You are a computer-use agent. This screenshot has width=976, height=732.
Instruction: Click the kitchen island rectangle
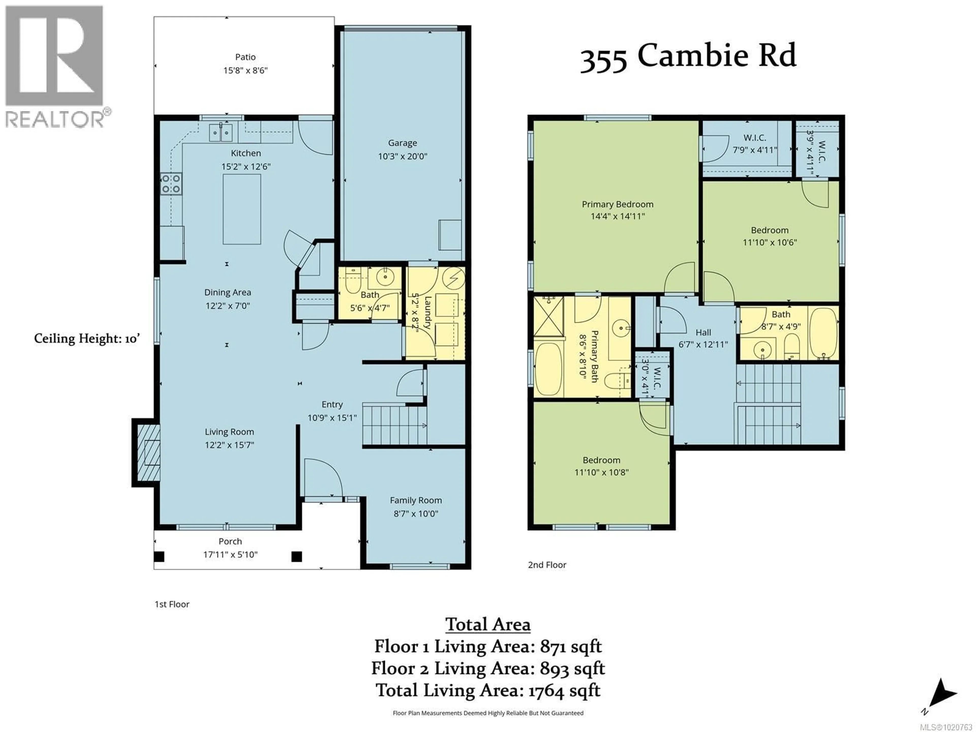click(x=241, y=209)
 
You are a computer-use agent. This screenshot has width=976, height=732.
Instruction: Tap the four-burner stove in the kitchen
click(x=171, y=184)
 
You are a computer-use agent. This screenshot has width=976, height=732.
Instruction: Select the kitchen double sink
click(x=220, y=132)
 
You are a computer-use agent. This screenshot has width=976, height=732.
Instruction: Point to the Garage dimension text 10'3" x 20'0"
click(x=402, y=156)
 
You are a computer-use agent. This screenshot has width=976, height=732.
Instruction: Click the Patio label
click(x=245, y=57)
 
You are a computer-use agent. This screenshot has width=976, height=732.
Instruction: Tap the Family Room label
click(x=416, y=500)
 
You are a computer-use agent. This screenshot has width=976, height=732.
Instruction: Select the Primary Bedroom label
click(x=617, y=204)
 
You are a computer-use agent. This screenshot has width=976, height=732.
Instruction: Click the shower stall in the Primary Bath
click(x=548, y=317)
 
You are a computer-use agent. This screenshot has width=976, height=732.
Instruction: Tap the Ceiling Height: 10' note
click(x=87, y=339)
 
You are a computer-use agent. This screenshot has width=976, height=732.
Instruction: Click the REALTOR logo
click(x=55, y=66)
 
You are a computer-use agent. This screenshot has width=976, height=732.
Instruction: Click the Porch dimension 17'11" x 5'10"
click(x=230, y=555)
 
